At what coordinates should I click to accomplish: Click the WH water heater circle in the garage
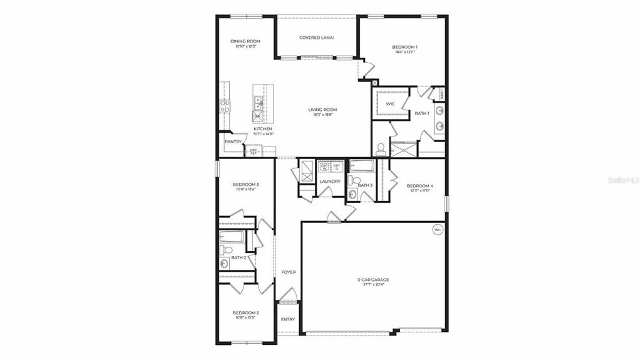[x=437, y=230]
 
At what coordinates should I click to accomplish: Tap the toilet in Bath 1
[x=381, y=149]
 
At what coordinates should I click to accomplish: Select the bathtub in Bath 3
[x=362, y=167]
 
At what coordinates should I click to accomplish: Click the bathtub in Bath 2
[x=232, y=237]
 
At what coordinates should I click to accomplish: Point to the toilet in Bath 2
[x=226, y=250]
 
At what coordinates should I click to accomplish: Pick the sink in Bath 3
[x=352, y=194]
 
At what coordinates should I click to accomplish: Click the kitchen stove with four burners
[x=225, y=106]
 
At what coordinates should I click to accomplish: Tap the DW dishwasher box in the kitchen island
[x=257, y=116]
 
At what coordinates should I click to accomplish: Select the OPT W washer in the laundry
[x=324, y=167]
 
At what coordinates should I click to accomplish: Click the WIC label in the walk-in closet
[x=390, y=104]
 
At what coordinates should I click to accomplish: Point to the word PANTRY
[x=233, y=142]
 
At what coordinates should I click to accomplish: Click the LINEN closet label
[x=441, y=95]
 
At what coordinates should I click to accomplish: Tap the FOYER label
[x=288, y=272]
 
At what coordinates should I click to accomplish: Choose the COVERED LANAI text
[x=316, y=38]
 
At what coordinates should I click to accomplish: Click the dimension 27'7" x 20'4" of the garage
[x=373, y=284]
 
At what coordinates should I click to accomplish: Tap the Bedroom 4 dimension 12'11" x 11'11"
[x=419, y=191]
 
